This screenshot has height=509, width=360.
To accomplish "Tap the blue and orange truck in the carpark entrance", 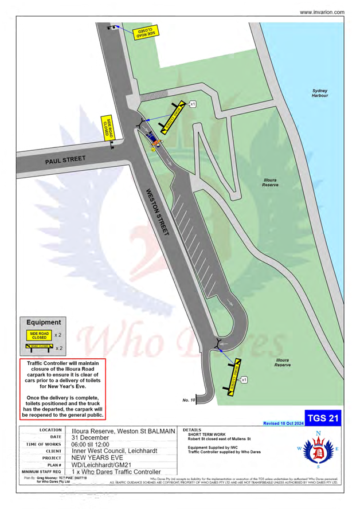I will pyautogui.click(x=151, y=138).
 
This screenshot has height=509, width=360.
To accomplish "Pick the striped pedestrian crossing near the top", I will pyautogui.click(x=155, y=97).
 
